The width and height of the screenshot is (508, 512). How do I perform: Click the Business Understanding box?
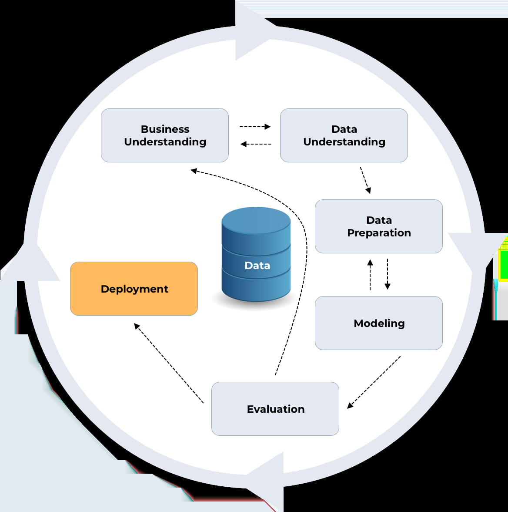pyautogui.click(x=164, y=135)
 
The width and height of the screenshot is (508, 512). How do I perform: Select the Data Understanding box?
pyautogui.click(x=344, y=135)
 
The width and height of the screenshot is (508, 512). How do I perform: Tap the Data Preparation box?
pyautogui.click(x=378, y=226)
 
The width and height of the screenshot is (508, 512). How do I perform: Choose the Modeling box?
pyautogui.click(x=378, y=323)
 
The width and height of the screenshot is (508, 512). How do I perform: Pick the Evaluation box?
pyautogui.click(x=275, y=409)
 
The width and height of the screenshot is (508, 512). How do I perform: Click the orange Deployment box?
pyautogui.click(x=134, y=289)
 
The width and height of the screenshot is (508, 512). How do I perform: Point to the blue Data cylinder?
pyautogui.click(x=256, y=255)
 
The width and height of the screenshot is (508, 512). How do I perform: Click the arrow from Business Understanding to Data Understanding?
pyautogui.click(x=255, y=127)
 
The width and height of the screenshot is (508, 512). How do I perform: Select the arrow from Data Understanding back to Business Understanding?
pyautogui.click(x=256, y=144)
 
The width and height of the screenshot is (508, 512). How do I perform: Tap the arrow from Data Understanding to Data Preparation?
pyautogui.click(x=365, y=180)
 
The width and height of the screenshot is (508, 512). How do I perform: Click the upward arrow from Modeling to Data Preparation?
pyautogui.click(x=370, y=275)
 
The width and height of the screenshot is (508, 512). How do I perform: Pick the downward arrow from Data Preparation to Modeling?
pyautogui.click(x=387, y=274)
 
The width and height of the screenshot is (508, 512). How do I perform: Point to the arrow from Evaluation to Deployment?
pyautogui.click(x=169, y=363)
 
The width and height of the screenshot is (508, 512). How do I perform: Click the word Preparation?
pyautogui.click(x=379, y=233)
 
